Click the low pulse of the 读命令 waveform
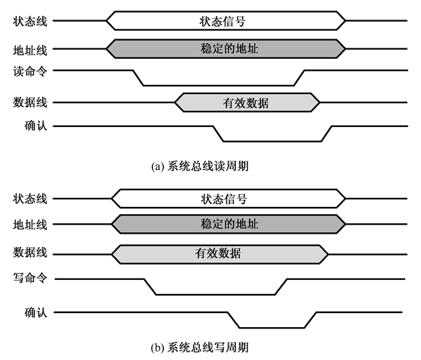click(218, 85)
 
